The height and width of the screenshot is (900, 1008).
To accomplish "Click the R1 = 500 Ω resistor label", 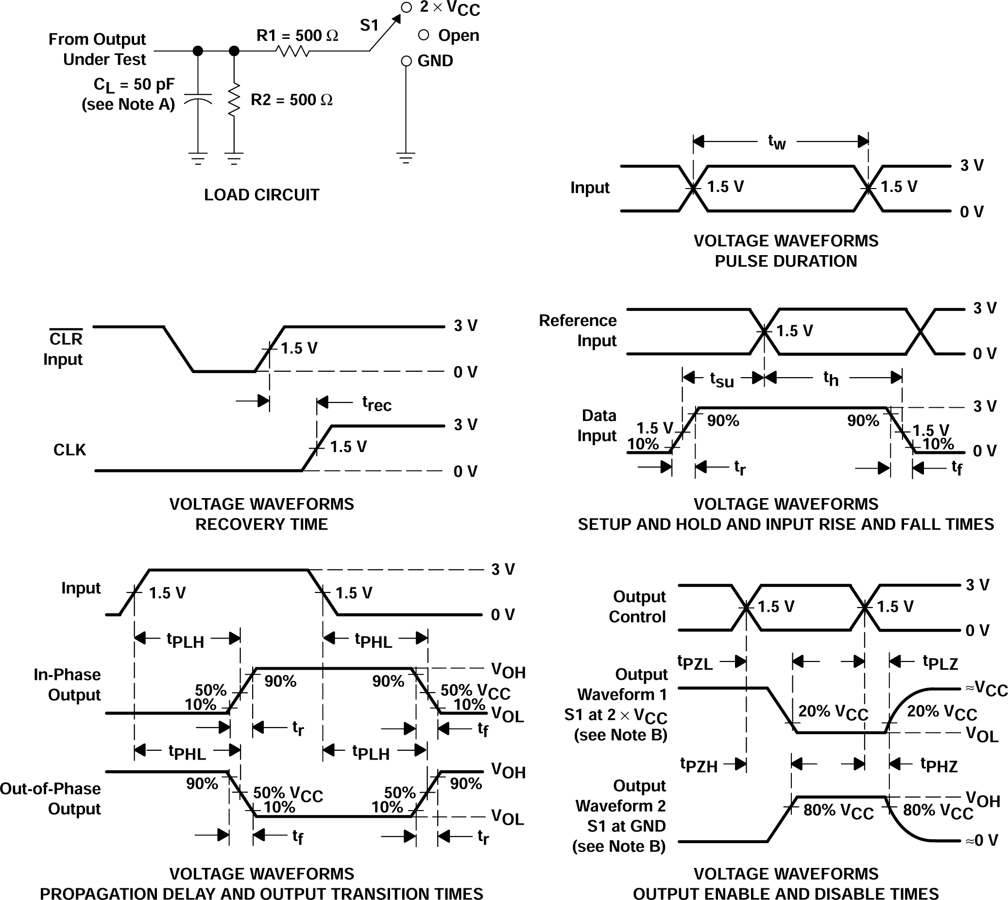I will coord(297,35).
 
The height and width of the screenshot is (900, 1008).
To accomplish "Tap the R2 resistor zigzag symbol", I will coord(234,100).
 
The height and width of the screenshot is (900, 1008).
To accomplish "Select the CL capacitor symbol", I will coord(198,99).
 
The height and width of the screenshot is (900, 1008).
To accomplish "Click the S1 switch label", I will coord(369,25).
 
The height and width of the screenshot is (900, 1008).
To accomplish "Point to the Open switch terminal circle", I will coord(423,35).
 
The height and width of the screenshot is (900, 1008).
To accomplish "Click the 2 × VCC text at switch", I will coord(450,8).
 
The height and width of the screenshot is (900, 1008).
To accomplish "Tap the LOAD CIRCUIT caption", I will coord(261,195).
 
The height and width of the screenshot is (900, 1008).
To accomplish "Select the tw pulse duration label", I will coord(777,142).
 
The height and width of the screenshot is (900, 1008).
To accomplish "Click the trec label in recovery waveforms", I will coord(376,403).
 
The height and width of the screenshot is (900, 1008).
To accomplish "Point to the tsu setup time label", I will coord(722,379).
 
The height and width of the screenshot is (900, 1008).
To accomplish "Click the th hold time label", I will coord(831,378).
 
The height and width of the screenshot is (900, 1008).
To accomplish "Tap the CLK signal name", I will coord(69,450).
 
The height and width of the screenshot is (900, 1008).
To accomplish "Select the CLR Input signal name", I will coord(63,348).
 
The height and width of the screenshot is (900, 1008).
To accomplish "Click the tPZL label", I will coord(695,663).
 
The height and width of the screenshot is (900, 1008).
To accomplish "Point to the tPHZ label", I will coord(939,765).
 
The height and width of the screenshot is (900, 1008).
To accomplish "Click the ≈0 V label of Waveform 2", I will coord(982,840).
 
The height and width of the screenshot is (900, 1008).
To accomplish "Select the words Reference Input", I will coord(578,330).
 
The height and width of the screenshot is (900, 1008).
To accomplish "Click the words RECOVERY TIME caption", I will coord(261,524).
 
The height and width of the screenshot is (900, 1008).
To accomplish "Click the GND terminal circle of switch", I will coord(406,61).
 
